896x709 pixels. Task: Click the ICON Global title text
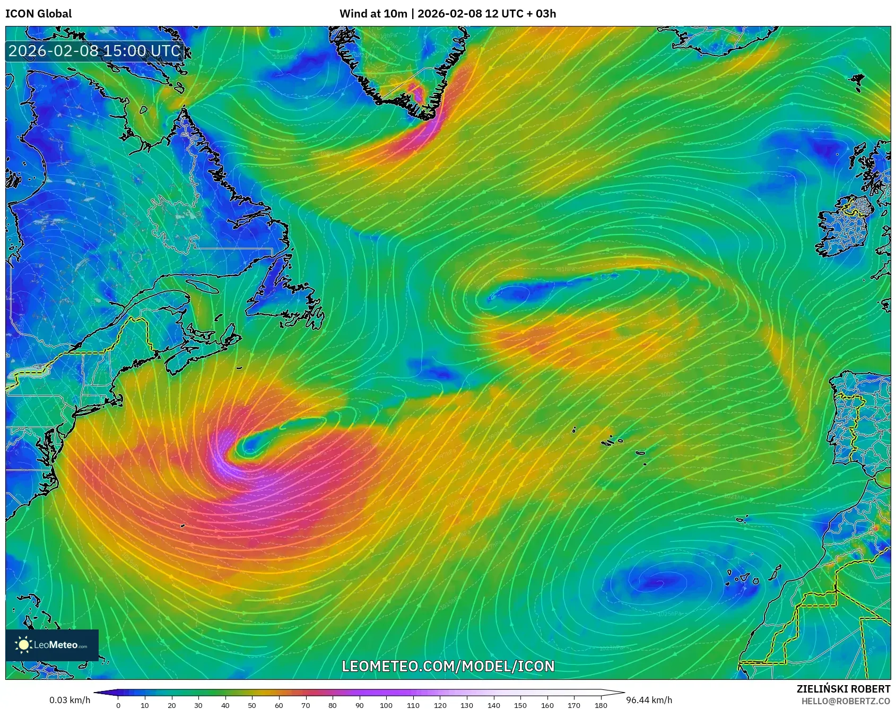tap(38, 14)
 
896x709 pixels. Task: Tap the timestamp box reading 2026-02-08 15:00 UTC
tap(95, 51)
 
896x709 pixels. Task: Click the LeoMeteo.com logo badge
tap(52, 645)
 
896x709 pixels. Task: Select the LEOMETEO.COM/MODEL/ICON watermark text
tap(448, 666)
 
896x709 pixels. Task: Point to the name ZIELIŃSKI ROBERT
tap(843, 689)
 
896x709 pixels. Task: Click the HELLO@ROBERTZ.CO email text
tap(846, 701)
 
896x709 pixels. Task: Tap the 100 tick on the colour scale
tap(386, 705)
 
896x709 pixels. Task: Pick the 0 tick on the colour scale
tap(118, 705)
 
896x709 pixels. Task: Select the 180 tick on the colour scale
tap(601, 705)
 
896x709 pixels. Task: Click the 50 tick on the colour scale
tap(252, 705)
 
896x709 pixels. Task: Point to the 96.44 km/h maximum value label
tap(649, 700)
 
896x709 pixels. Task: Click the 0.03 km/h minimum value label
tap(69, 700)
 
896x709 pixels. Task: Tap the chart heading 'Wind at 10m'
tap(373, 14)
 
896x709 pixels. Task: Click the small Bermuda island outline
tap(182, 526)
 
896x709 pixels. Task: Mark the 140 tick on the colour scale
tap(493, 705)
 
